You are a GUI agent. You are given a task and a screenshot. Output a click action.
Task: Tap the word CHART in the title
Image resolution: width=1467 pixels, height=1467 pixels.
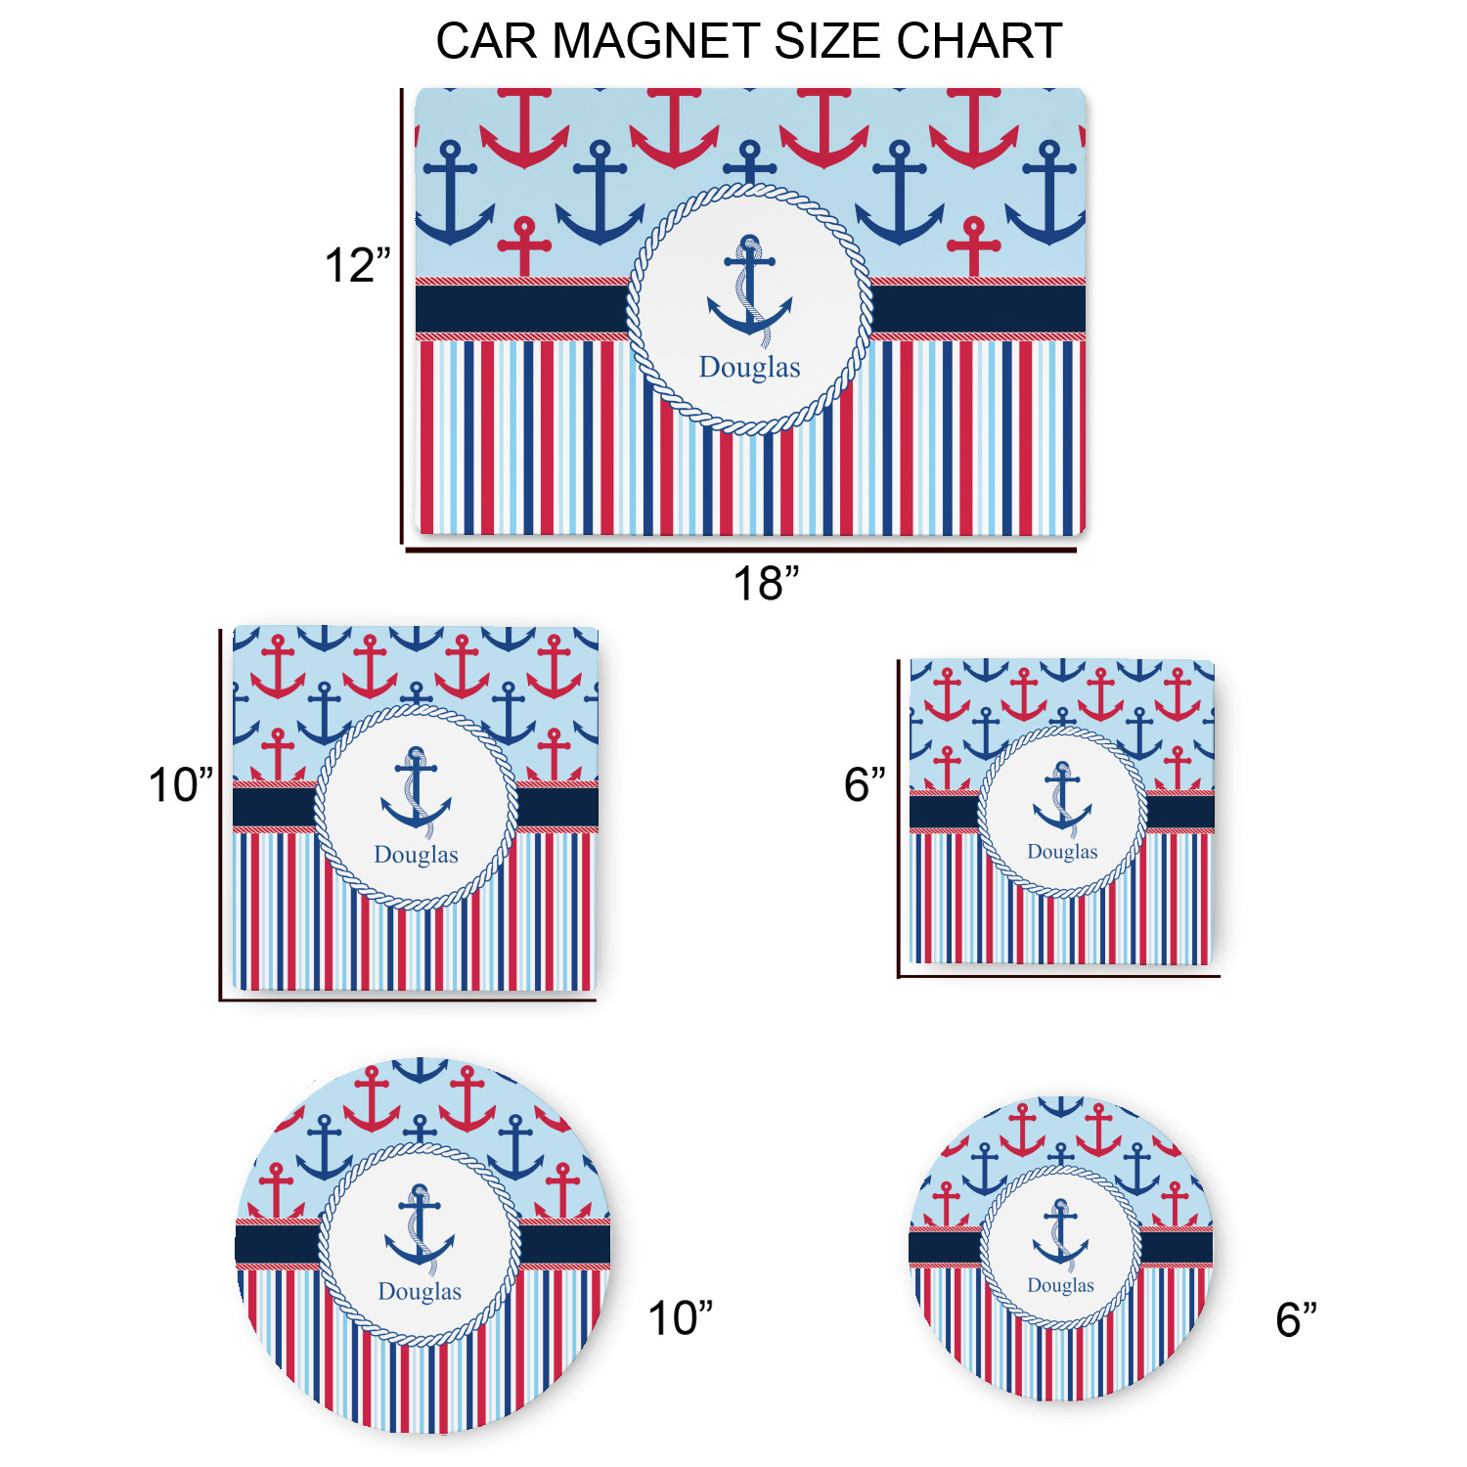tap(979, 41)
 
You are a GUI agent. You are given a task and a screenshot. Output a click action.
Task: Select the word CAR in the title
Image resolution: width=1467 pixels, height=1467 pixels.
tap(486, 41)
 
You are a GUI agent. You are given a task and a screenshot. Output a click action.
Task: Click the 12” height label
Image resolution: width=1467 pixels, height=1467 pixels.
tap(357, 265)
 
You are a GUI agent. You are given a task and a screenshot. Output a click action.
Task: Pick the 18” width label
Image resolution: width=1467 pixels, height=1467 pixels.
tap(766, 584)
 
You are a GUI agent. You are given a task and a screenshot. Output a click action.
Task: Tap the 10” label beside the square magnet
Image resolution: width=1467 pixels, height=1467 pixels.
tap(181, 785)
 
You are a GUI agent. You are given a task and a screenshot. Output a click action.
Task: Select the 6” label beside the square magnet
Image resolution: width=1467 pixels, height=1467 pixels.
tap(865, 784)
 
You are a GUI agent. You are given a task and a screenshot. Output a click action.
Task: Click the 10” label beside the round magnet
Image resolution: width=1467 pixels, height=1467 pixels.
tap(681, 1318)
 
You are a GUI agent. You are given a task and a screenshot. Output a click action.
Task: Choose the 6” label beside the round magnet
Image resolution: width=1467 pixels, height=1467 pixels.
tap(1296, 1319)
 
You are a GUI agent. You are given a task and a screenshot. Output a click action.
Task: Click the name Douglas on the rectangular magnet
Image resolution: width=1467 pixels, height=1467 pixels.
tap(749, 368)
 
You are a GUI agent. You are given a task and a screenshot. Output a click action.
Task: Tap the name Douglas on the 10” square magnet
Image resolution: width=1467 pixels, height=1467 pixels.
tap(416, 855)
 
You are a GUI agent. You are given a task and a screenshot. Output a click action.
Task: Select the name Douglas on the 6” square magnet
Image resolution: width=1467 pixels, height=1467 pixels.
tap(1062, 852)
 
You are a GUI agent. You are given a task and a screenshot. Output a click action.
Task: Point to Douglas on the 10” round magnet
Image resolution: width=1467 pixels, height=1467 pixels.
tap(420, 1292)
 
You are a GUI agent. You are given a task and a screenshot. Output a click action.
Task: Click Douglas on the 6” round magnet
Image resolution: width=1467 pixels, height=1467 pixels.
tap(1060, 1285)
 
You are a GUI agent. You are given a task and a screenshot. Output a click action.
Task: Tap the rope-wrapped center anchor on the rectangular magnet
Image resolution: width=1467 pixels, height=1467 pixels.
tap(750, 290)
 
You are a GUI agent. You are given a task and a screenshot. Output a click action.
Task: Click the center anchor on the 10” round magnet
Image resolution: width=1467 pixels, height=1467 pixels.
tap(420, 1228)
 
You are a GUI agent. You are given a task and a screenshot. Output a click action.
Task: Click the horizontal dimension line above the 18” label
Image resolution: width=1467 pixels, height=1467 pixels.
tap(741, 551)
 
